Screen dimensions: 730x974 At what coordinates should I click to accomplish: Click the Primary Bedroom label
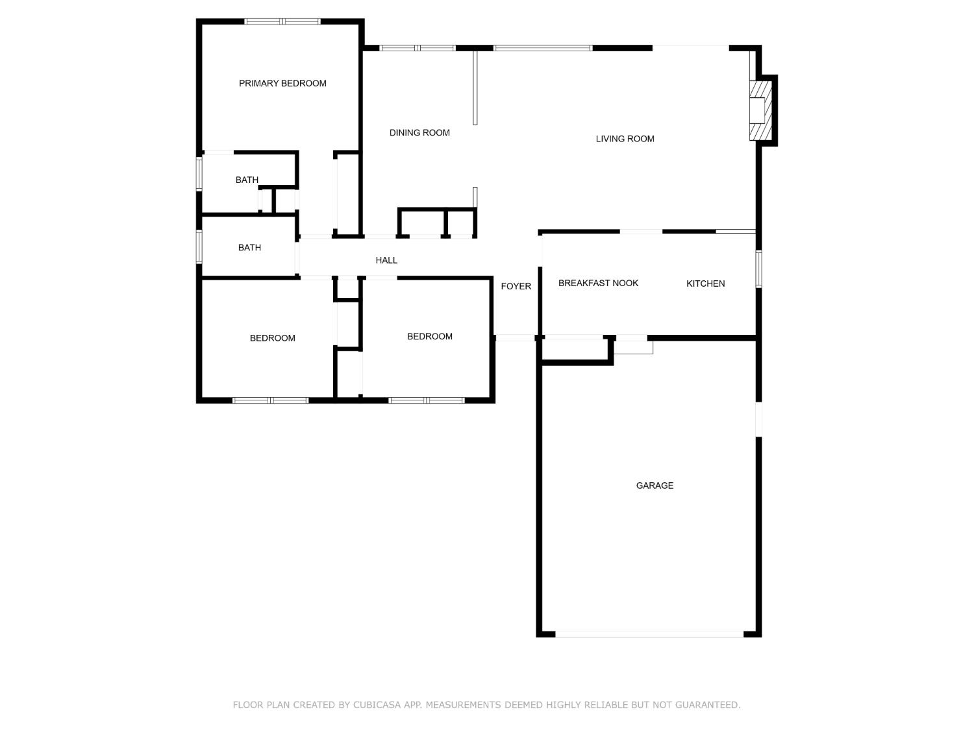click(x=282, y=83)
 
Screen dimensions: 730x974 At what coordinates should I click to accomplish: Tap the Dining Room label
click(x=419, y=132)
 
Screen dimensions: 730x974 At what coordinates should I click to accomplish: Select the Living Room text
click(x=625, y=138)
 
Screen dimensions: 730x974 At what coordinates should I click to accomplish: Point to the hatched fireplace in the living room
click(x=760, y=110)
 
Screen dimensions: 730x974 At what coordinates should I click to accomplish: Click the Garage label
click(x=655, y=485)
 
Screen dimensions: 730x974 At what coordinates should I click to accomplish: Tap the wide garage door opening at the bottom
click(x=649, y=634)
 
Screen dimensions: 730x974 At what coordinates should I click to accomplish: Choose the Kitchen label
click(x=705, y=284)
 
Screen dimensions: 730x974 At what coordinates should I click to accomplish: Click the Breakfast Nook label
click(x=598, y=283)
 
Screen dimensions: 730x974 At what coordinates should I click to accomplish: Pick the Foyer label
click(x=516, y=286)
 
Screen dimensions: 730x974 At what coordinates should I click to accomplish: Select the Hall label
click(x=386, y=260)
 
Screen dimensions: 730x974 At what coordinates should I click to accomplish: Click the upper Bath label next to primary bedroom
click(x=247, y=180)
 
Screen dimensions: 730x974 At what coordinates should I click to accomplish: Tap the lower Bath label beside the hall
click(x=249, y=247)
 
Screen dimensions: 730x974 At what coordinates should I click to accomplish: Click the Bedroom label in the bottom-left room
click(x=272, y=338)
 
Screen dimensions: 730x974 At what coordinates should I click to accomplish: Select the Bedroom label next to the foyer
click(x=429, y=336)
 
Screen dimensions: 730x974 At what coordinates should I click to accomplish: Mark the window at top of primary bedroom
click(x=282, y=21)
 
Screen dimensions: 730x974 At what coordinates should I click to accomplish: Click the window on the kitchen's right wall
click(x=758, y=269)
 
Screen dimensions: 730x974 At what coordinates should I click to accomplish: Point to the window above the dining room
click(x=418, y=48)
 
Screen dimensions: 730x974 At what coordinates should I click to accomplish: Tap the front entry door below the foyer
click(x=515, y=337)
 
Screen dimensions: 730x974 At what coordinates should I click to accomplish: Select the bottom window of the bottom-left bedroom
click(x=270, y=400)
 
